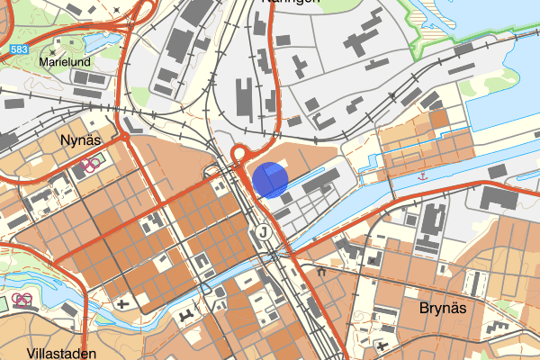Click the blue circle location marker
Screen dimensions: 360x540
coord(269,179)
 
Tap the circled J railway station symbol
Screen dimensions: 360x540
coord(262,233)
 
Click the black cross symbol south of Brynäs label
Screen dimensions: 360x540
coord(386,345)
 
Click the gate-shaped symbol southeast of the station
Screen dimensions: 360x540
coord(320,269)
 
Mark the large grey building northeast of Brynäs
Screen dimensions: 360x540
coord(499,197)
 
